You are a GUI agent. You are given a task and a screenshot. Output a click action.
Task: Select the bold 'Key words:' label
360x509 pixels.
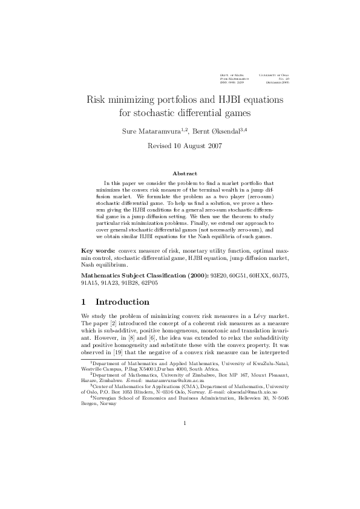pyautogui.click(x=99, y=267)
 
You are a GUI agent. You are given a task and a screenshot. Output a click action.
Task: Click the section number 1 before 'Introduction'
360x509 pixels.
pyautogui.click(x=83, y=319)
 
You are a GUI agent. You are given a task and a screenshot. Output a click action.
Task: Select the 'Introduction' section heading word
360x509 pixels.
pyautogui.click(x=122, y=319)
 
